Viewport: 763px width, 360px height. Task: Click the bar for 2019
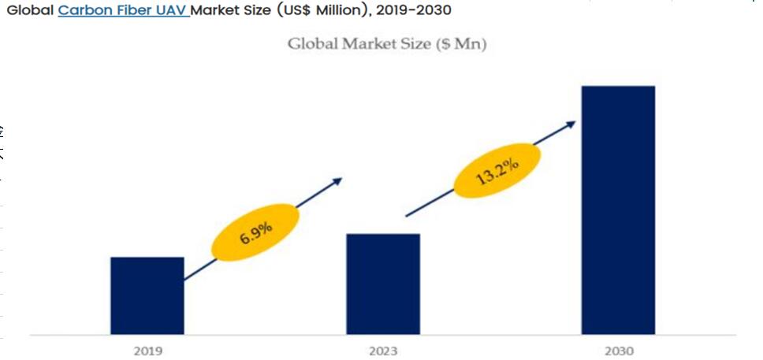147,295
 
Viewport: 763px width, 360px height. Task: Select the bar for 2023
383,284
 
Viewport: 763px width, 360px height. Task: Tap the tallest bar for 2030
618,209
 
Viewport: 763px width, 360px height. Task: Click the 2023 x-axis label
383,350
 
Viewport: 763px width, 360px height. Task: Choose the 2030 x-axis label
619,350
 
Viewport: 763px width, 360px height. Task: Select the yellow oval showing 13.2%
497,170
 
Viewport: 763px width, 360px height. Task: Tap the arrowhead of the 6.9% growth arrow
338,180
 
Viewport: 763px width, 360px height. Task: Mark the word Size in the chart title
415,43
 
